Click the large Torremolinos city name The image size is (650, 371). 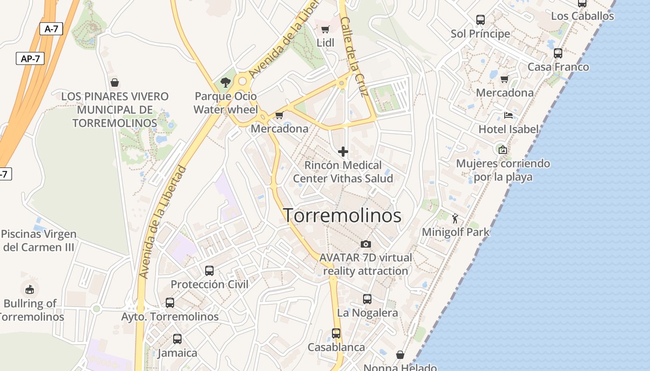click(342, 216)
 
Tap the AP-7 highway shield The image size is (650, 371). click(30, 58)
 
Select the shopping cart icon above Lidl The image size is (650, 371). click(325, 29)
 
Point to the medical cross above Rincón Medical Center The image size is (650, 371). click(343, 152)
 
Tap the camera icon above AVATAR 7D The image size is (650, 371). click(366, 244)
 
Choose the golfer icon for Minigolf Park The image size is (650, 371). click(455, 218)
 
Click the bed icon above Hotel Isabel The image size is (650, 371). click(508, 115)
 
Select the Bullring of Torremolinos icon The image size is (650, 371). click(30, 290)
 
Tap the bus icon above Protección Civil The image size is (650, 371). click(209, 270)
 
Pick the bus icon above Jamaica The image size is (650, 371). click(177, 339)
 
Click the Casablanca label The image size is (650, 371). click(336, 347)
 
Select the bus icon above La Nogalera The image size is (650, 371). click(367, 299)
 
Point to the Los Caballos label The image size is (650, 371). click(582, 16)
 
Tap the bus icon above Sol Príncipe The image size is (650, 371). click(481, 20)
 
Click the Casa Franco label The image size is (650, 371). click(558, 67)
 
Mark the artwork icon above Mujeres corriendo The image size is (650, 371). click(502, 149)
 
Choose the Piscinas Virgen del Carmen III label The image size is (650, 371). click(39, 240)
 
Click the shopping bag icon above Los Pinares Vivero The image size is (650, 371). click(115, 83)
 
